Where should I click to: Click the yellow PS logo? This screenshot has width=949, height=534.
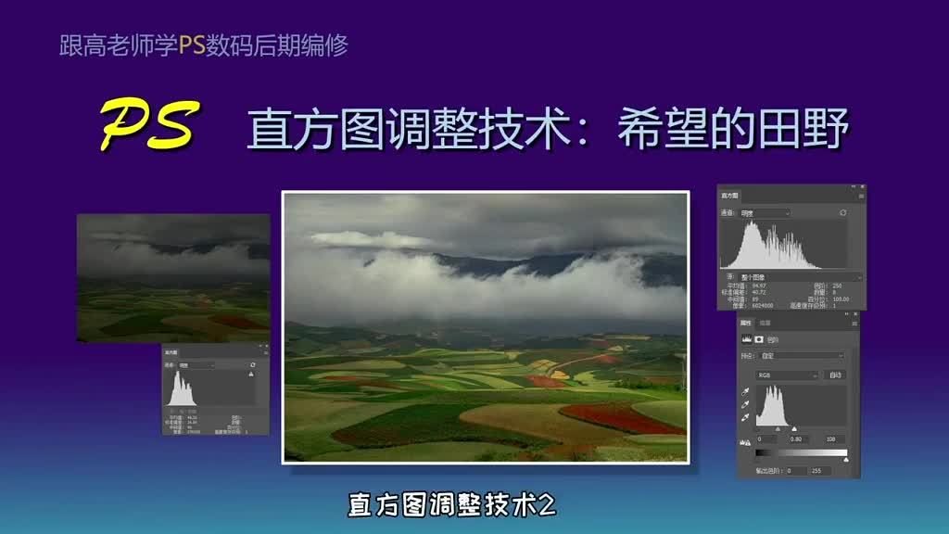(148, 126)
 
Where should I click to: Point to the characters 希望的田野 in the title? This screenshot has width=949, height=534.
(732, 131)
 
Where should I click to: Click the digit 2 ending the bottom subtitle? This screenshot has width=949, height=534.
(547, 505)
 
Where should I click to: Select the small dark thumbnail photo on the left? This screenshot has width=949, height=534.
(173, 277)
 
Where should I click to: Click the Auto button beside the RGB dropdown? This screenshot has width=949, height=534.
(835, 375)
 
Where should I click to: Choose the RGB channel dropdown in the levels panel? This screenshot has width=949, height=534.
(787, 375)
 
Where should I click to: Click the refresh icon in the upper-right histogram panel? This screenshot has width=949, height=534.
(842, 212)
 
